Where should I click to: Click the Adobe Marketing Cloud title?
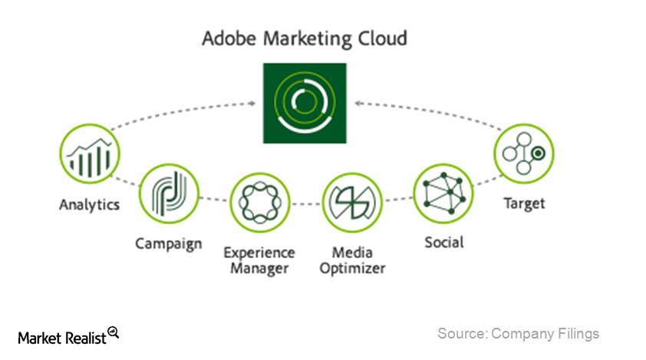point(305,38)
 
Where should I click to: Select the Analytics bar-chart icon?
point(89,154)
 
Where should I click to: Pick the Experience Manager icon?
point(259,203)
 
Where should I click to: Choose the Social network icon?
point(443,193)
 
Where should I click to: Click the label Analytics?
point(89,205)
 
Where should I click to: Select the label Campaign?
point(169,244)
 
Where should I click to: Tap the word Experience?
point(259,253)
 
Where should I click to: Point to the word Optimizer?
point(353,268)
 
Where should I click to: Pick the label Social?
point(444,243)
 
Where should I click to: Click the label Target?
point(524,204)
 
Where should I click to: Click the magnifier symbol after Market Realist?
point(114,332)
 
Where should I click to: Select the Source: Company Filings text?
point(518,334)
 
